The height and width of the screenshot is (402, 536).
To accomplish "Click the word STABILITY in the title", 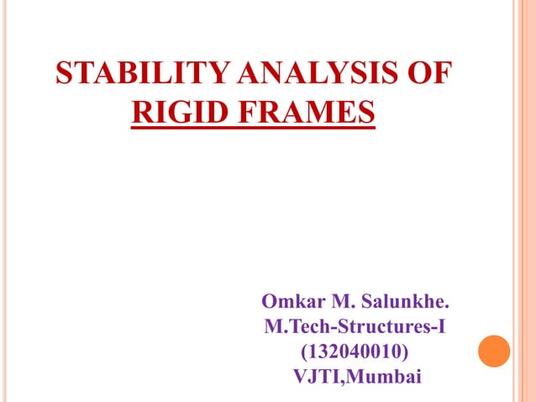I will (125, 73).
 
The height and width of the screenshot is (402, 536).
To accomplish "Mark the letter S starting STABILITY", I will (63, 73).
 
